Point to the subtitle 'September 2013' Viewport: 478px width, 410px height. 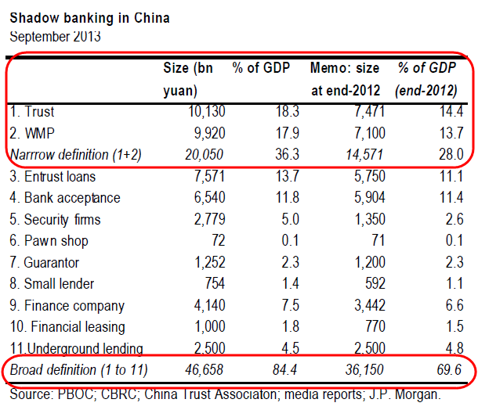(x=54, y=35)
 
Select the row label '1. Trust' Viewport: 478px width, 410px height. (x=32, y=113)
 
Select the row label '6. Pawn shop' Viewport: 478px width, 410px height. (x=49, y=240)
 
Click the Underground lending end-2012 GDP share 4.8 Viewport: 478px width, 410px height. (x=452, y=347)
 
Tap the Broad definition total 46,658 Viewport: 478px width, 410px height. (x=201, y=369)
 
